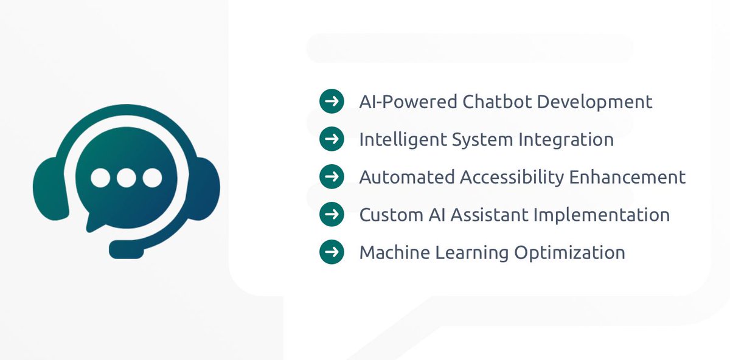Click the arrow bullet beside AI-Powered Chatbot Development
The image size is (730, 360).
click(332, 101)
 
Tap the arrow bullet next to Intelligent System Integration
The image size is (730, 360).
click(332, 139)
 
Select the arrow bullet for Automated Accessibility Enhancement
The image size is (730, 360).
click(332, 176)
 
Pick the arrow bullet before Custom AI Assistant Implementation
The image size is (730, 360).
click(332, 214)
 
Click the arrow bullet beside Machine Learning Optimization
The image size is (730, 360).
click(332, 252)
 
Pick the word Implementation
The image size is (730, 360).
click(613, 215)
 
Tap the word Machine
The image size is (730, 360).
click(393, 252)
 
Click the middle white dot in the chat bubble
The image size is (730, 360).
click(126, 178)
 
